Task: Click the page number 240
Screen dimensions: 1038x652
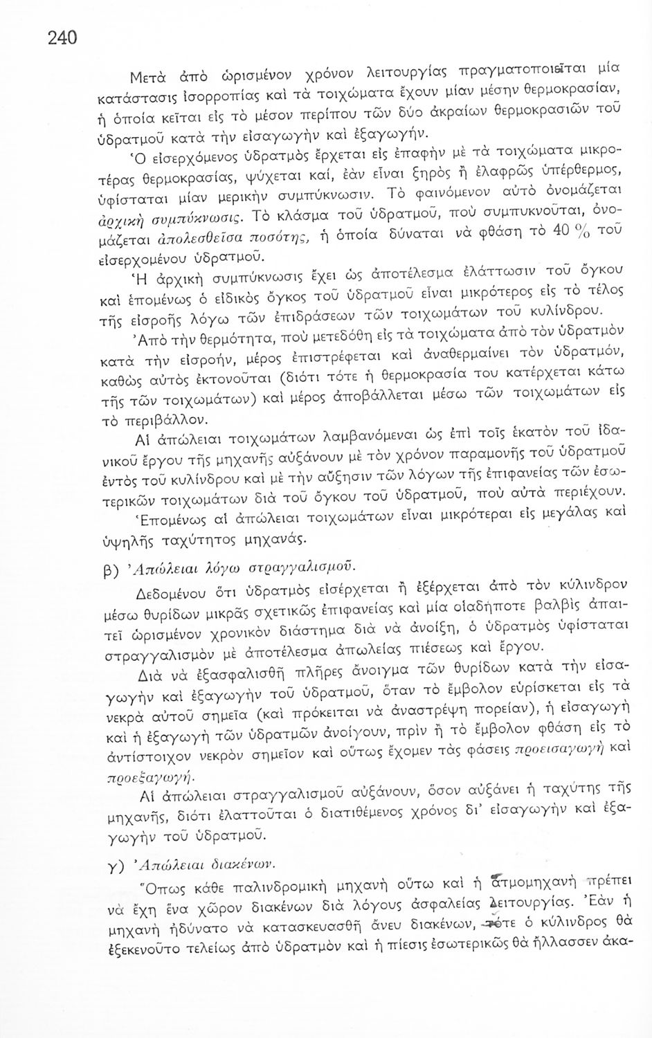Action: tap(62, 37)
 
